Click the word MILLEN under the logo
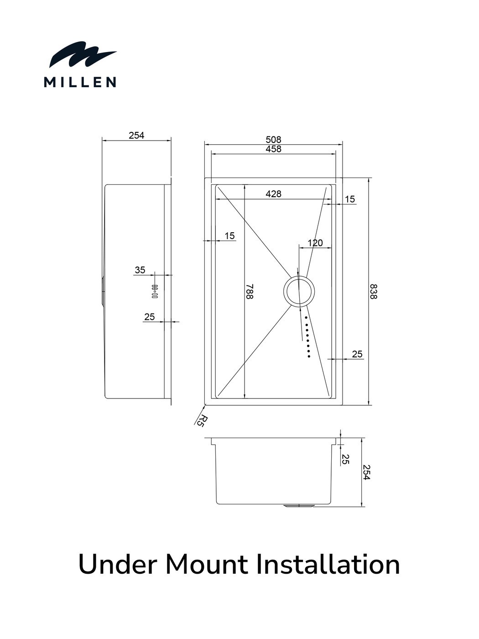point(80,82)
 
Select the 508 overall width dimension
point(273,140)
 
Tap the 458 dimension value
point(273,149)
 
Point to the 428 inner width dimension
point(273,194)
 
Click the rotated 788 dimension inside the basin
point(250,291)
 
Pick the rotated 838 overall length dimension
point(373,291)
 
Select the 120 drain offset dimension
point(315,243)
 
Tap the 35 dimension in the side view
point(140,270)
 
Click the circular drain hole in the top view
point(299,291)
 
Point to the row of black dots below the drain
point(307,337)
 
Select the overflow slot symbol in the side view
point(155,291)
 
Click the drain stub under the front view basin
point(299,506)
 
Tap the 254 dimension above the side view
point(136,136)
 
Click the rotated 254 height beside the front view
point(366,472)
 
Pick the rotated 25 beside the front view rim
point(345,459)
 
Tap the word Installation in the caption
point(328,565)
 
